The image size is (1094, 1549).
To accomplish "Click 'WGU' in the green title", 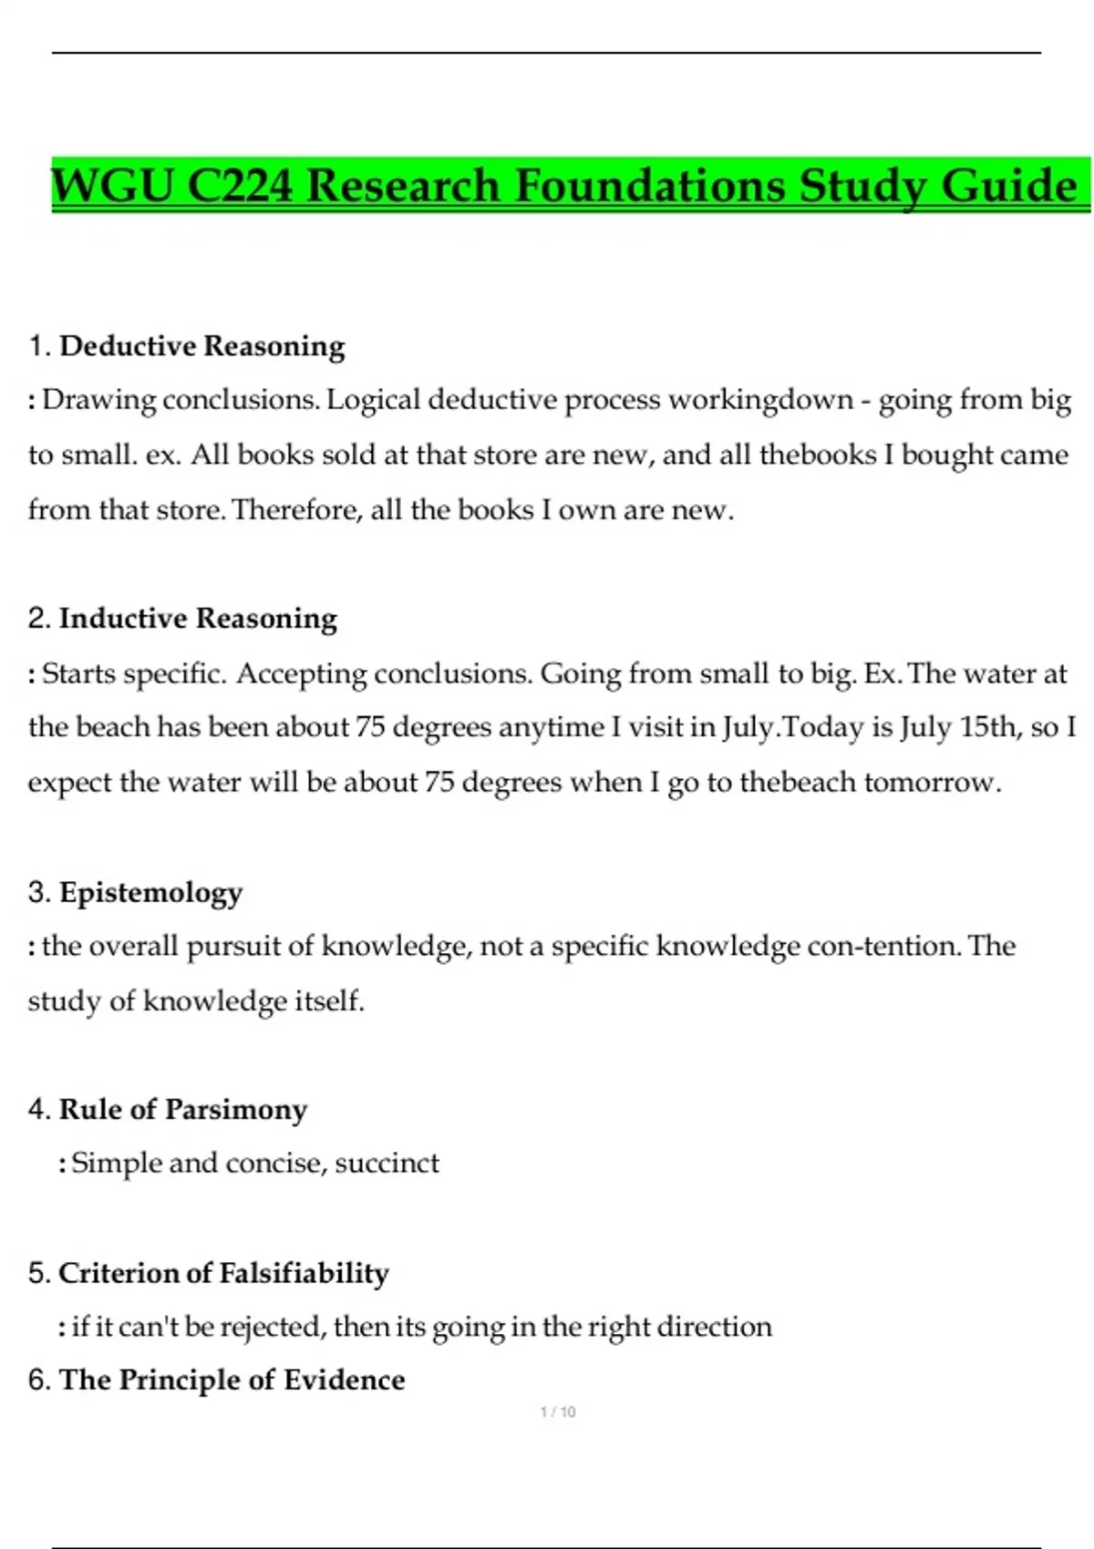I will [x=112, y=186].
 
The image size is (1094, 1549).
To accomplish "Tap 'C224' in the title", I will [x=240, y=186].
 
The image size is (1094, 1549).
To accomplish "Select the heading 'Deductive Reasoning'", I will [x=201, y=346].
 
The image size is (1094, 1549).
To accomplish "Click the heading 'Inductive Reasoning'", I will [x=198, y=619].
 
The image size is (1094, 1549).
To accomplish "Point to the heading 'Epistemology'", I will [x=150, y=892].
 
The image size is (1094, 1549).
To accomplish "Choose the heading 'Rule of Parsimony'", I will [x=182, y=1110].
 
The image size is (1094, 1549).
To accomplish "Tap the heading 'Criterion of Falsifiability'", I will [x=223, y=1273].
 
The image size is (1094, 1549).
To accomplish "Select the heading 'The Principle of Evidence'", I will [x=232, y=1380].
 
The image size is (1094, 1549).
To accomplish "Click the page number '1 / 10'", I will [x=558, y=1412].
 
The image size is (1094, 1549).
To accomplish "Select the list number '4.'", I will [x=39, y=1110].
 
